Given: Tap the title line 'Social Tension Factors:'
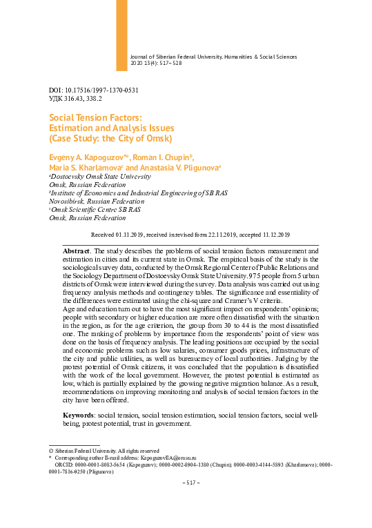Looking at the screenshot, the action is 96,118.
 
